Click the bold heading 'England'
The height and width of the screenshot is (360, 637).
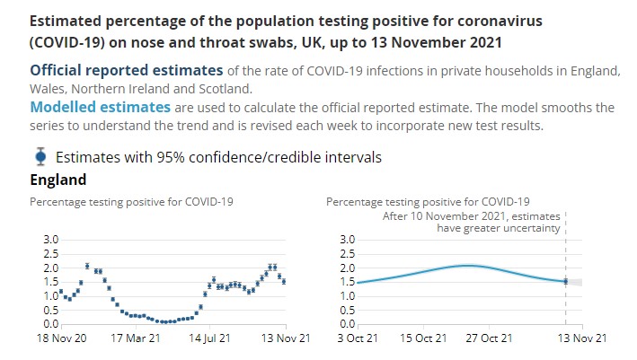click(x=58, y=180)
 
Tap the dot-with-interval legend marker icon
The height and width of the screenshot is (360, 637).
click(x=40, y=156)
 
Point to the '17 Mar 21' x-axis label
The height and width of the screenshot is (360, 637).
click(x=135, y=338)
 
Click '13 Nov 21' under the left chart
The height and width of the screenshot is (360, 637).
click(x=286, y=338)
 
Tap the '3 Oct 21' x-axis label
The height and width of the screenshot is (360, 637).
click(x=357, y=338)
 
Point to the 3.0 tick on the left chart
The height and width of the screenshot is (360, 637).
click(x=50, y=240)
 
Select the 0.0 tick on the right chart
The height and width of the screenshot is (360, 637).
click(x=348, y=324)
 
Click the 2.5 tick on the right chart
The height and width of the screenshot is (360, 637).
click(x=348, y=254)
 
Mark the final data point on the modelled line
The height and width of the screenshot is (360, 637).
click(x=565, y=281)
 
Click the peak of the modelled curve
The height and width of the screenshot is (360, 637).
click(x=467, y=265)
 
